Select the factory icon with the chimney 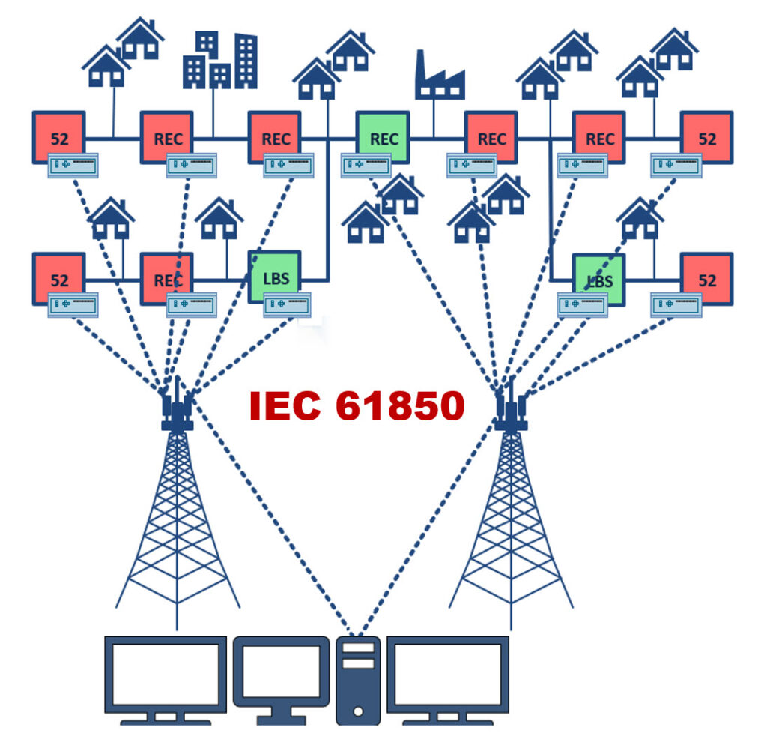[440, 76]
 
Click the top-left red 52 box [59, 136]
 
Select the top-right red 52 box [706, 136]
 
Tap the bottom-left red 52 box [59, 278]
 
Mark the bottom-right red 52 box [706, 278]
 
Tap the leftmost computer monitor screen [166, 672]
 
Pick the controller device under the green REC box [366, 166]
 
